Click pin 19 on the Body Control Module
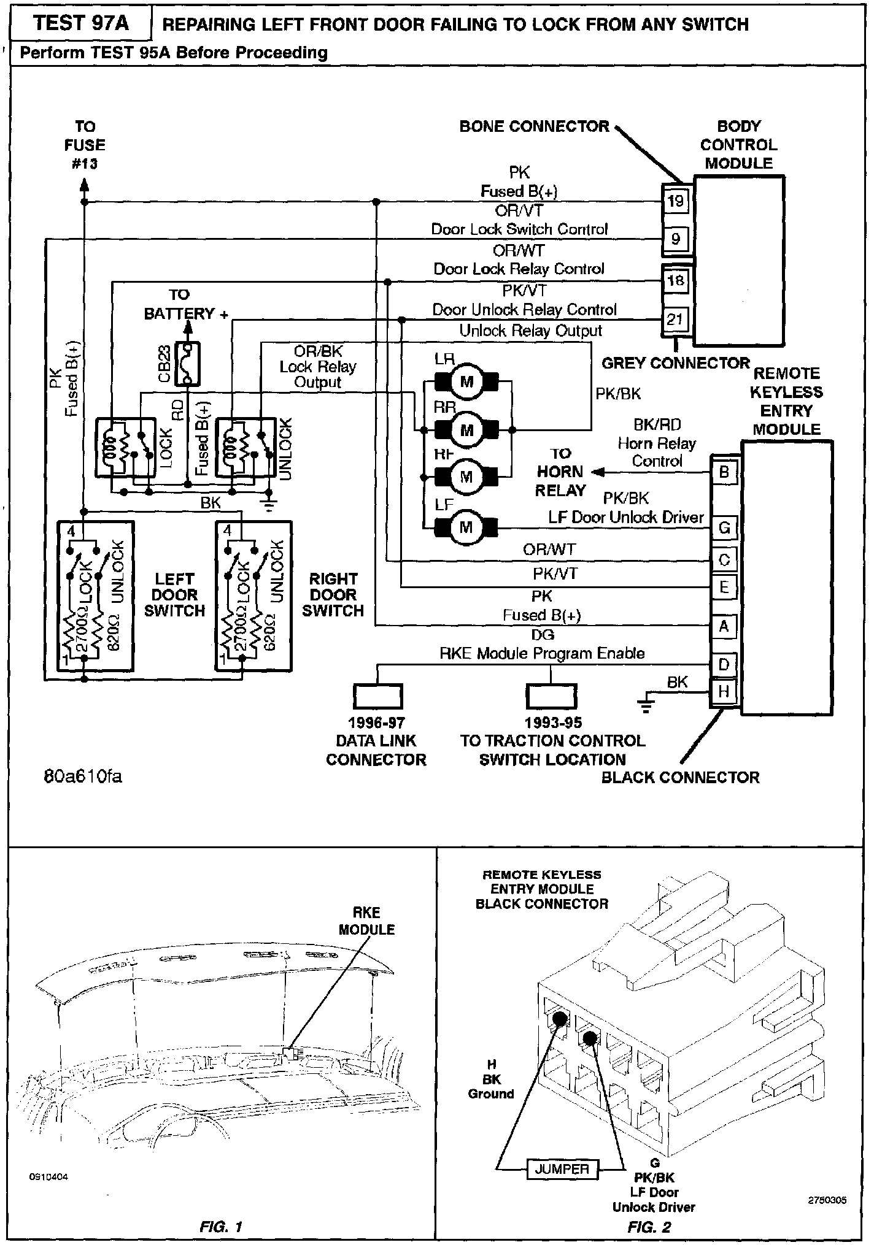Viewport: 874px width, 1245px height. (x=675, y=201)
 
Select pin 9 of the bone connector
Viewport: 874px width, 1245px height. (x=675, y=239)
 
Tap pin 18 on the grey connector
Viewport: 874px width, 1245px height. (x=675, y=281)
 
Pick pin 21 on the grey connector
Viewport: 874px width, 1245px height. (x=675, y=319)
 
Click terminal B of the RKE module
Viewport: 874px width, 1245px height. (x=724, y=472)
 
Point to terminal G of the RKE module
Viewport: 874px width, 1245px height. (x=724, y=527)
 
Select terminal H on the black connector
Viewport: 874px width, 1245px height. (x=724, y=692)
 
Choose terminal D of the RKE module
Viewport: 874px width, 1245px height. (x=724, y=664)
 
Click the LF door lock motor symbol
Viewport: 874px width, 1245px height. (x=466, y=527)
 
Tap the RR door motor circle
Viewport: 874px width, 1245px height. (x=466, y=430)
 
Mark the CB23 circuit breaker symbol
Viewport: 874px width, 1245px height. (x=187, y=365)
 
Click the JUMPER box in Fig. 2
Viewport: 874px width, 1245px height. (x=562, y=1168)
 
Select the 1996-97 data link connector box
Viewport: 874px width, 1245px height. (x=377, y=696)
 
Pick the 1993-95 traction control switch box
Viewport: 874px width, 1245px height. (x=551, y=696)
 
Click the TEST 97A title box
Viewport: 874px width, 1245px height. (x=82, y=23)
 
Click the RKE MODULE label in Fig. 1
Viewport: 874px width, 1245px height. (x=366, y=921)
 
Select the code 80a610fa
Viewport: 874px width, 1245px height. (x=83, y=776)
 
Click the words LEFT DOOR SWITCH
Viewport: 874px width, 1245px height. (x=174, y=594)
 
